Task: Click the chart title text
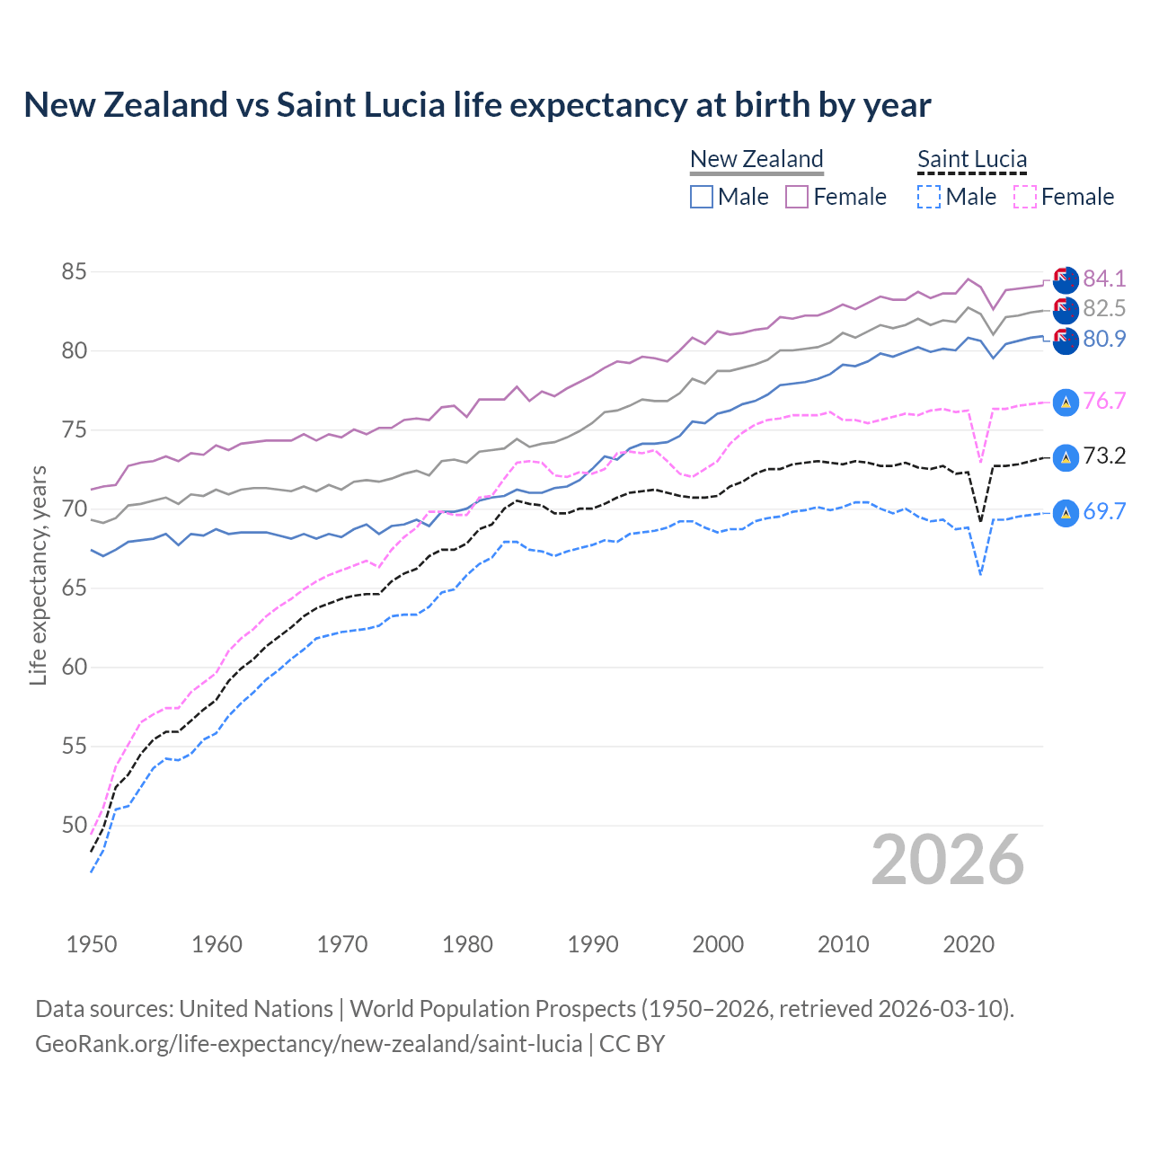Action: pyautogui.click(x=477, y=105)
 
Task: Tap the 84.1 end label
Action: pyautogui.click(x=1104, y=279)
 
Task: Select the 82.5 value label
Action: pyautogui.click(x=1104, y=308)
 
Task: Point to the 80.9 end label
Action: pyautogui.click(x=1104, y=339)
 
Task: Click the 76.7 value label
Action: pyautogui.click(x=1104, y=401)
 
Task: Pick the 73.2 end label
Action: pyautogui.click(x=1104, y=456)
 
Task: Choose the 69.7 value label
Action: pyautogui.click(x=1104, y=512)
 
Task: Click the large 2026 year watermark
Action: pyautogui.click(x=947, y=860)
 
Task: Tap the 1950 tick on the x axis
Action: pyautogui.click(x=92, y=944)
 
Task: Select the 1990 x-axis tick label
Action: pyautogui.click(x=593, y=944)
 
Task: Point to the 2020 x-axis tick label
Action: pyautogui.click(x=969, y=944)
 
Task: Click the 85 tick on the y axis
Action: pyautogui.click(x=75, y=271)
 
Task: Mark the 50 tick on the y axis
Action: pyautogui.click(x=75, y=825)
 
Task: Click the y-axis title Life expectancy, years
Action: pyautogui.click(x=38, y=575)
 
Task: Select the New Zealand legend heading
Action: pyautogui.click(x=756, y=159)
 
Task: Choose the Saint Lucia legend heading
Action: pyautogui.click(x=972, y=159)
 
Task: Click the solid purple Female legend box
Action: pyautogui.click(x=797, y=197)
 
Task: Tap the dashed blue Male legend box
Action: pyautogui.click(x=929, y=197)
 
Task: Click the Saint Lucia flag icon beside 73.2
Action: pyautogui.click(x=1066, y=457)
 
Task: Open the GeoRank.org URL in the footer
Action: pyautogui.click(x=308, y=1044)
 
